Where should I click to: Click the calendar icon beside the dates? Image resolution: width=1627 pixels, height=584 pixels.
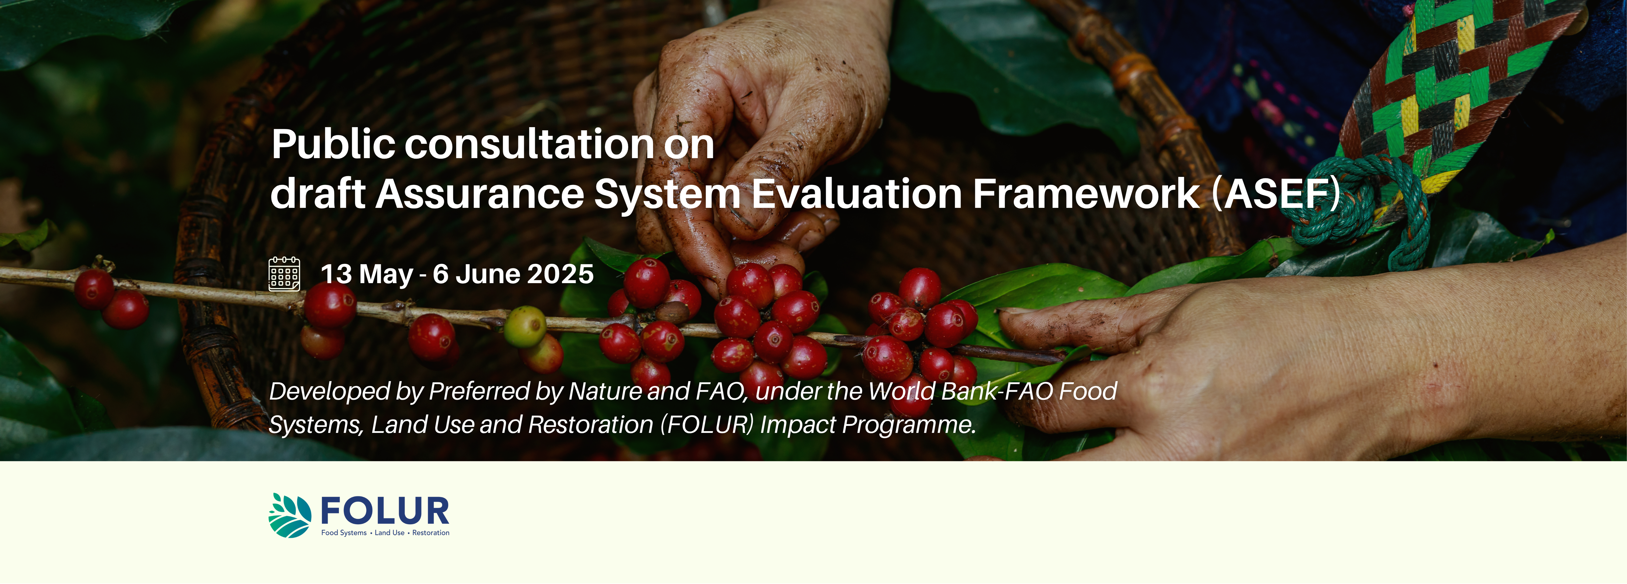[284, 274]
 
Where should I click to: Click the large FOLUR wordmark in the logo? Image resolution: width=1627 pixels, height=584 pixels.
[385, 511]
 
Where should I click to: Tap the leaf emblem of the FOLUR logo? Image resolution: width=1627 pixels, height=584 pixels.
[290, 515]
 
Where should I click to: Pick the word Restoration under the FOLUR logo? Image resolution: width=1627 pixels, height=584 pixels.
[431, 533]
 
